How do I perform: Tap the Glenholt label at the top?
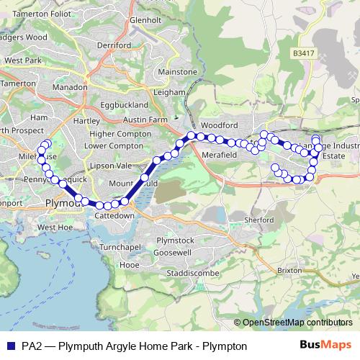146,20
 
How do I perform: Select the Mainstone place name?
176,72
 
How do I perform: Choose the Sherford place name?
260,220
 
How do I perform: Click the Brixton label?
289,270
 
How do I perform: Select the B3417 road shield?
304,53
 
